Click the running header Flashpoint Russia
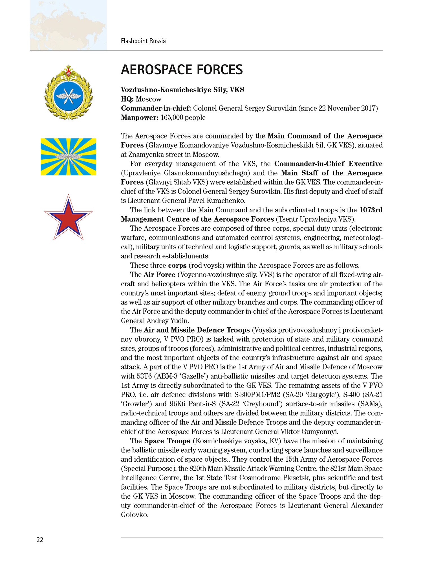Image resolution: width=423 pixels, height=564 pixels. [143, 41]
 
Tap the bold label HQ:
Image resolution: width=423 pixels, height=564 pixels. [127, 99]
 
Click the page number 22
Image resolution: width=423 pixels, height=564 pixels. [40, 540]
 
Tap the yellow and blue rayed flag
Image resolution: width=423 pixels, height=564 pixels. [69, 157]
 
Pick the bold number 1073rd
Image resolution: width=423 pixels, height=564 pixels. [371, 210]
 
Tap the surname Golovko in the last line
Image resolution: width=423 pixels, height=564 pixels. [134, 515]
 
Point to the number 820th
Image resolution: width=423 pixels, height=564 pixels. [197, 469]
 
